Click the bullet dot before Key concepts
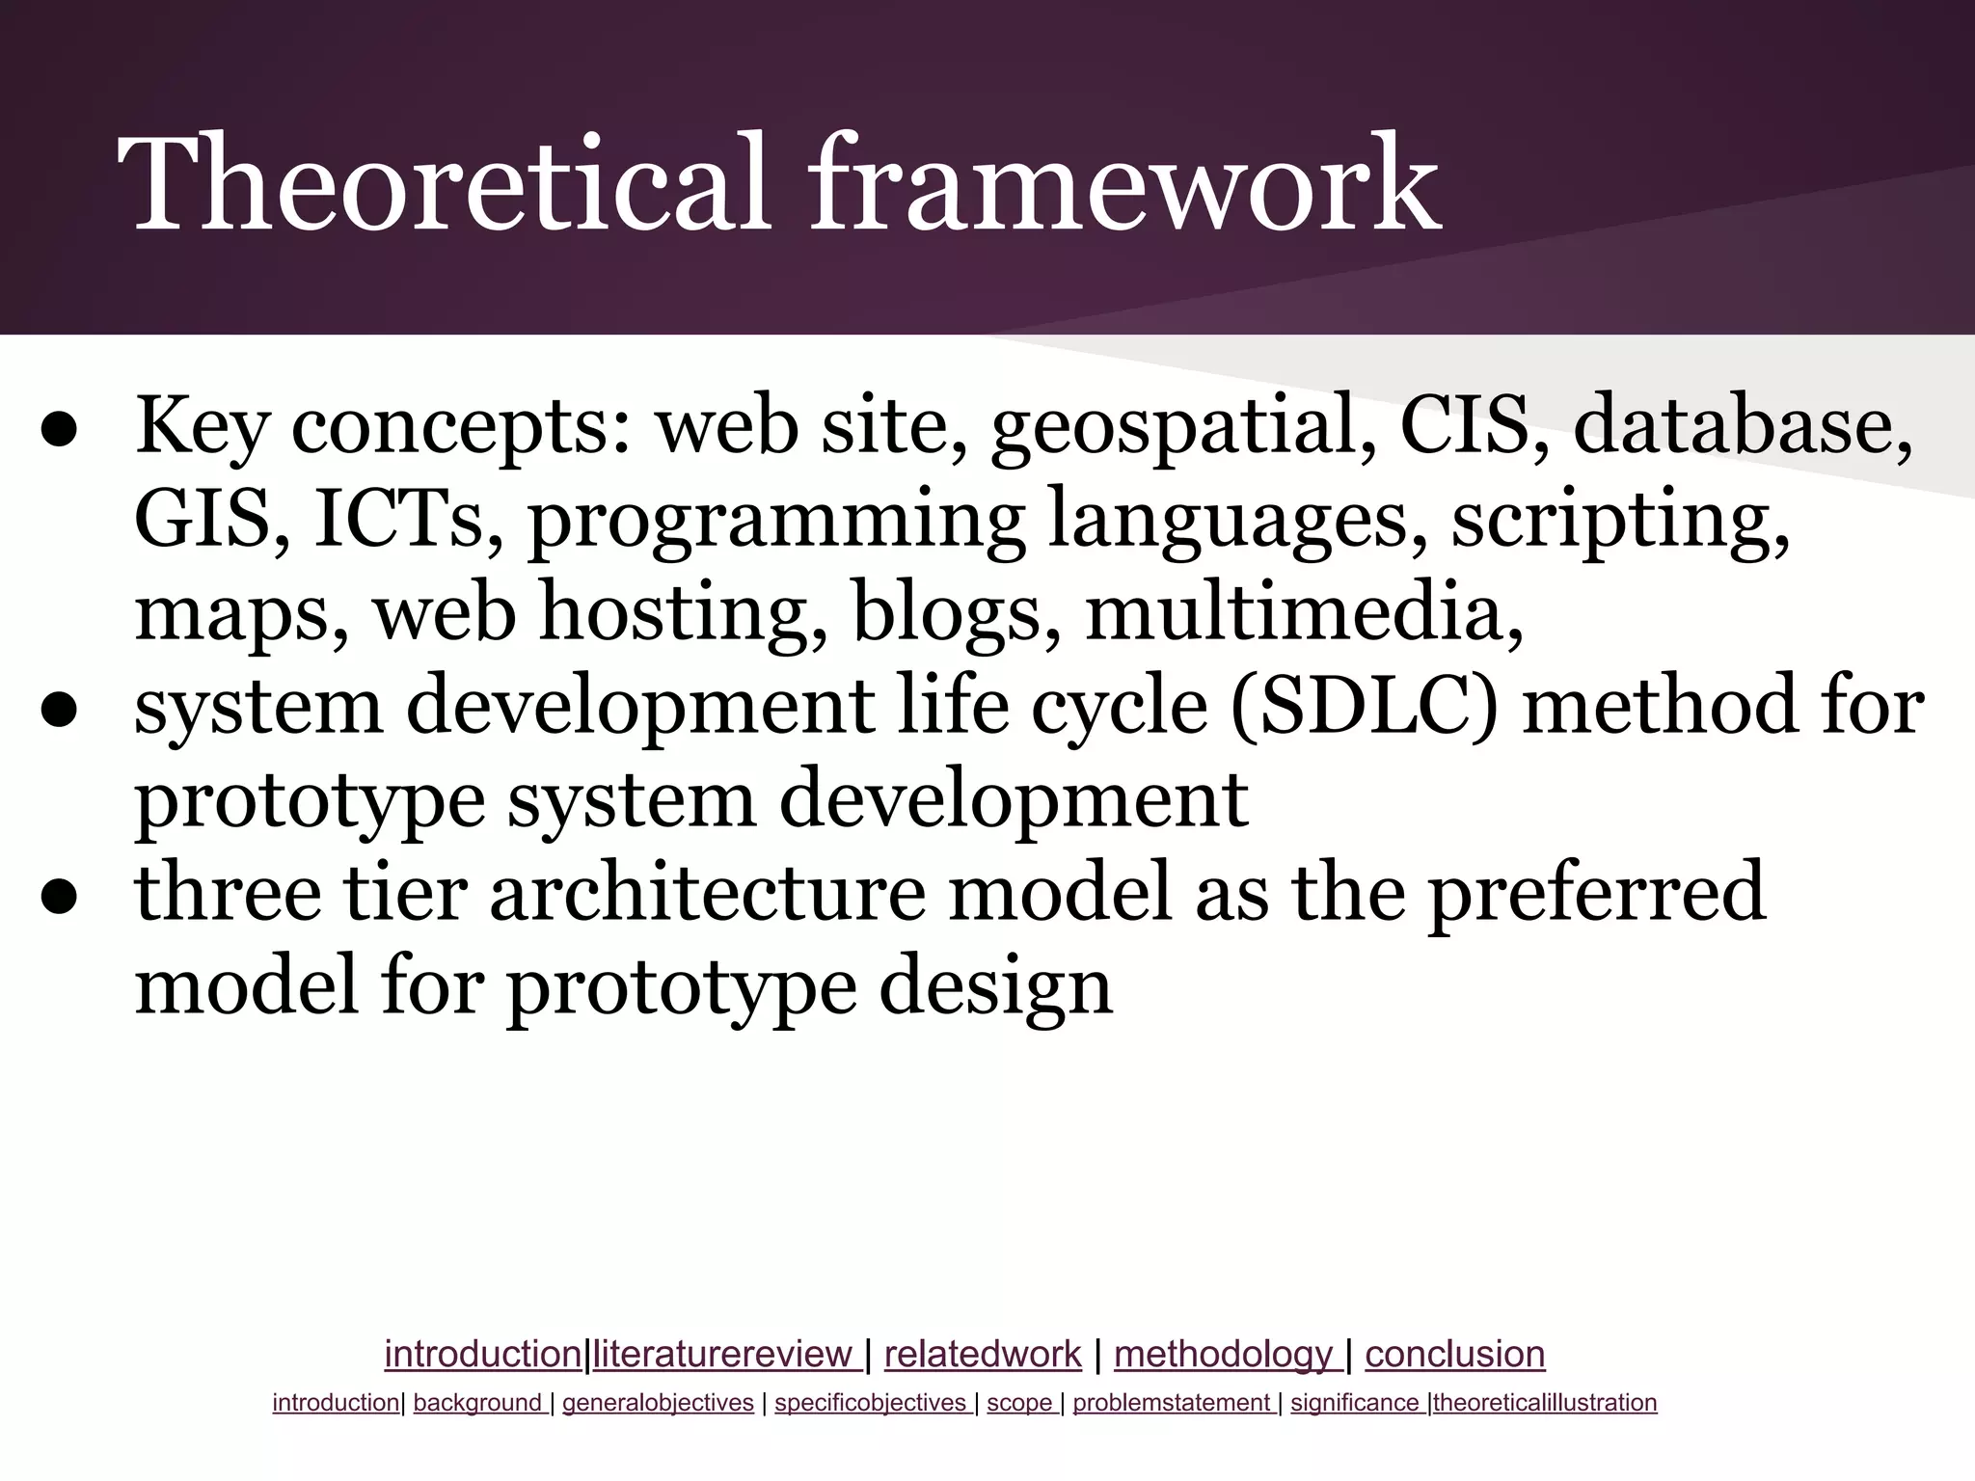pyautogui.click(x=60, y=432)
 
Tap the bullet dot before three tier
pyautogui.click(x=60, y=897)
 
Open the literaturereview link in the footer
pyautogui.click(x=724, y=1355)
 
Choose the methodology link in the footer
pyautogui.click(x=1224, y=1355)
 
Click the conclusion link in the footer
pyautogui.click(x=1454, y=1355)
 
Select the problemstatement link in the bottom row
pyautogui.click(x=1172, y=1403)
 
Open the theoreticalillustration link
pyautogui.click(x=1545, y=1403)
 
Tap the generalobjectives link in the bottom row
pyautogui.click(x=658, y=1403)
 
